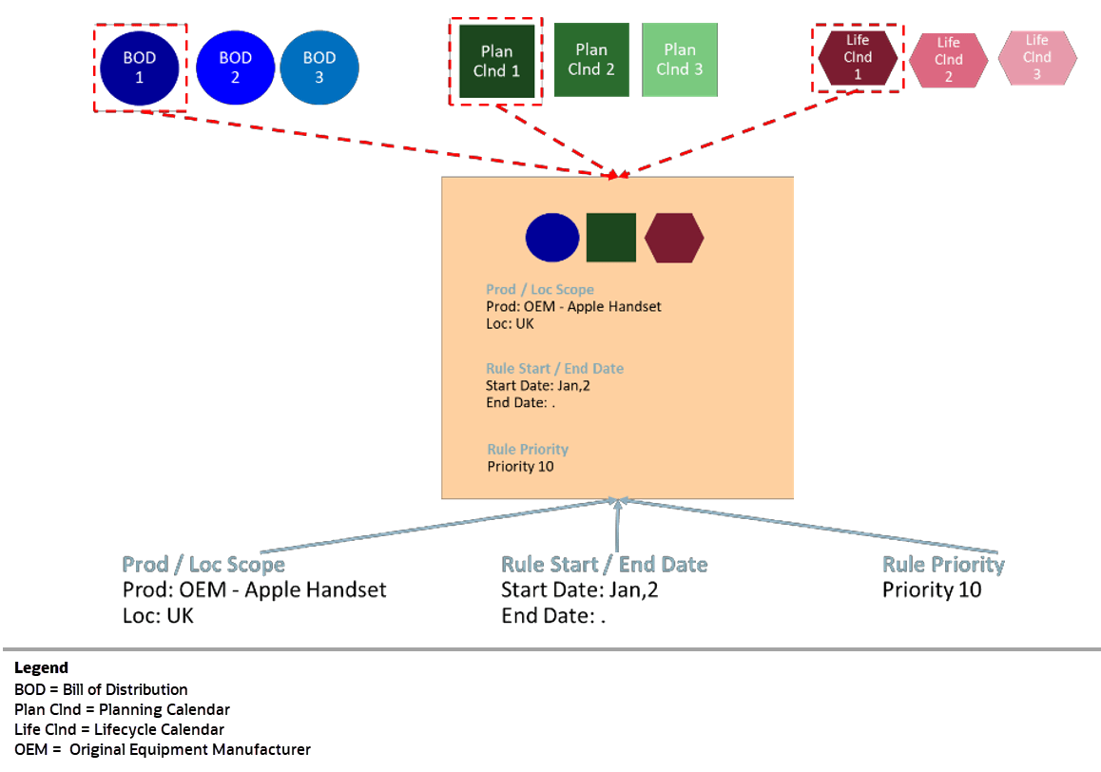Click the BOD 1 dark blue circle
[x=140, y=68]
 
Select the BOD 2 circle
[x=235, y=68]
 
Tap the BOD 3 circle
[x=319, y=68]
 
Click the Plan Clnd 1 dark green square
[x=496, y=61]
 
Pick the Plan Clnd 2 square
[x=591, y=59]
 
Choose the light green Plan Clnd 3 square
[x=680, y=59]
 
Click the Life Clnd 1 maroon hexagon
[x=858, y=58]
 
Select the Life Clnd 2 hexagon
[x=948, y=59]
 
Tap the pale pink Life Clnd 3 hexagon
[x=1037, y=57]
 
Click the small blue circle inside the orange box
[x=552, y=238]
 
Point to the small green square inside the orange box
[x=611, y=238]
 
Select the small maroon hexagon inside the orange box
[x=674, y=238]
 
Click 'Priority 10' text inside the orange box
[x=520, y=467]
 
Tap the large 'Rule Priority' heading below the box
[x=943, y=565]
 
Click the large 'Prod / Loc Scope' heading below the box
[x=203, y=565]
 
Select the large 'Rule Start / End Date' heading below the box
[x=605, y=565]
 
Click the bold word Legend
[x=41, y=668]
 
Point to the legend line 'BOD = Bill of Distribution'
[x=101, y=689]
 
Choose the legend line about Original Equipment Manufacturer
[x=162, y=749]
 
